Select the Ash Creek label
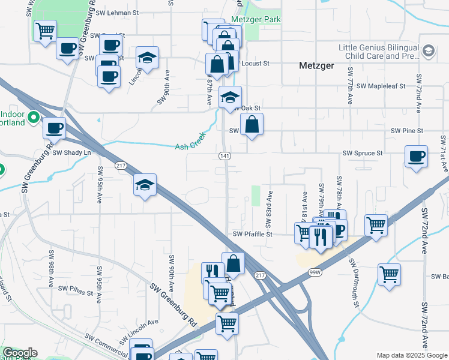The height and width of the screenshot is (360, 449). tap(190, 146)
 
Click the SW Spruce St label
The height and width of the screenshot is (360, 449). tap(363, 154)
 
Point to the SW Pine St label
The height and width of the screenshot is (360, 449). tap(407, 130)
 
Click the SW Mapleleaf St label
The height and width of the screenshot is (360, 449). tap(382, 86)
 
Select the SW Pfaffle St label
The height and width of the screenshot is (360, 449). tap(253, 234)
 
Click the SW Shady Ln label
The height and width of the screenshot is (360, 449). tap(71, 153)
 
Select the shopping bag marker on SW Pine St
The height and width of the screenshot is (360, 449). tap(252, 125)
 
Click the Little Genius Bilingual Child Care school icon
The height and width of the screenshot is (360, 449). tap(429, 52)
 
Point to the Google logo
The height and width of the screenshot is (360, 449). tap(20, 353)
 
